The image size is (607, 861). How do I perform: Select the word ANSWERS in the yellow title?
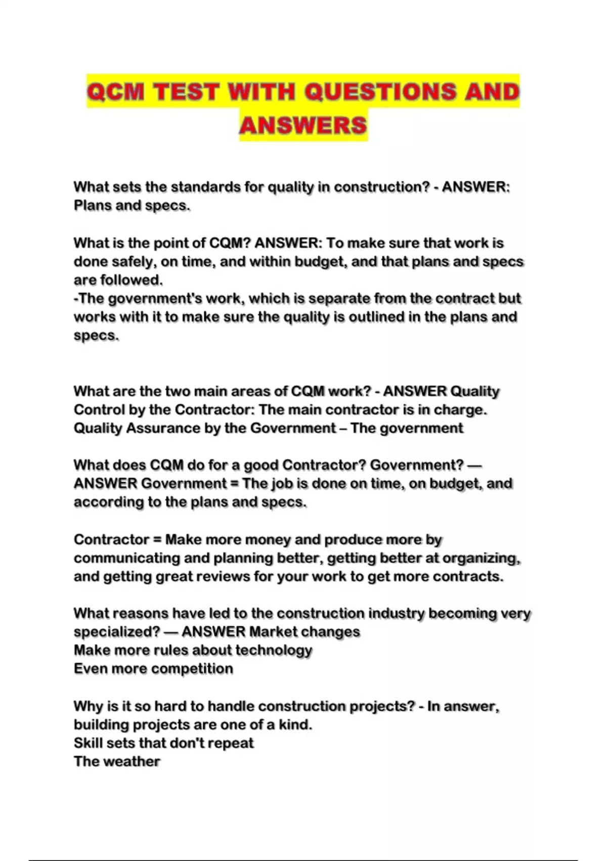pyautogui.click(x=303, y=125)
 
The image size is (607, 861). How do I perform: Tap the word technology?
pyautogui.click(x=274, y=650)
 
